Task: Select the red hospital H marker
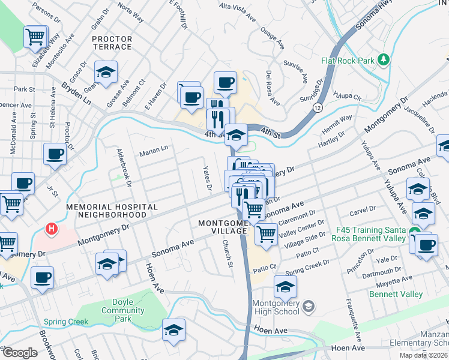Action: click(x=52, y=229)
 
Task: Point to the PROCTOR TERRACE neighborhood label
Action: click(x=112, y=43)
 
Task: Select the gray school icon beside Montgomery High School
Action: click(x=309, y=308)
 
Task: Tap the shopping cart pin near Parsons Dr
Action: click(x=35, y=37)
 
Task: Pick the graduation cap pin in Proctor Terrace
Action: click(x=106, y=73)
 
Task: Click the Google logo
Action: click(x=19, y=353)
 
